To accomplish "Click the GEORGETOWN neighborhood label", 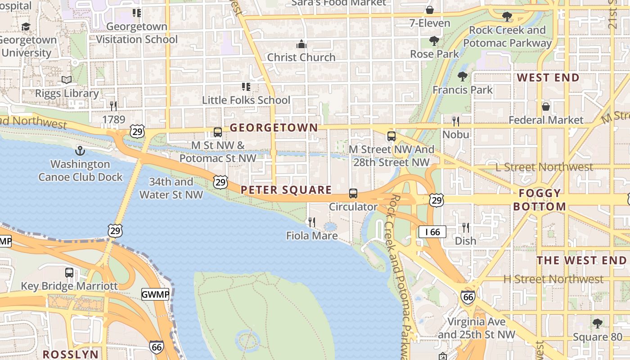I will pos(274,128).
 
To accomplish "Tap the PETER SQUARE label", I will pos(286,190).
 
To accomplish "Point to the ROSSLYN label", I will pos(70,354).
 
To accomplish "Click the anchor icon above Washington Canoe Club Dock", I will pos(80,151).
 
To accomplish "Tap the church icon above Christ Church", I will pos(301,44).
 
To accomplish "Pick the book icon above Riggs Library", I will pos(67,80).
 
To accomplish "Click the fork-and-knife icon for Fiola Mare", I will pos(311,222).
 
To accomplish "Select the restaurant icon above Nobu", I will pos(455,121).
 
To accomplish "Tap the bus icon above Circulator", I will pos(353,193).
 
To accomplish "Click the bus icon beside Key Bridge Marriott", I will pos(69,272).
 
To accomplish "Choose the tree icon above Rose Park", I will pos(434,41).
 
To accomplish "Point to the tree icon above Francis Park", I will pos(462,76).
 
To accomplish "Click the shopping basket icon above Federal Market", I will pos(545,107).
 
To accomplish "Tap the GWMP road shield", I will pos(155,295).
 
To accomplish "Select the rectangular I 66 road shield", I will pos(432,232).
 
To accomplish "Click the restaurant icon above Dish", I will pos(465,228).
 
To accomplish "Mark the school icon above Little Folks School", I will pos(246,86).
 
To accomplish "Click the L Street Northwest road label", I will pos(544,167).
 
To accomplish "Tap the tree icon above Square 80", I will pos(597,323).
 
